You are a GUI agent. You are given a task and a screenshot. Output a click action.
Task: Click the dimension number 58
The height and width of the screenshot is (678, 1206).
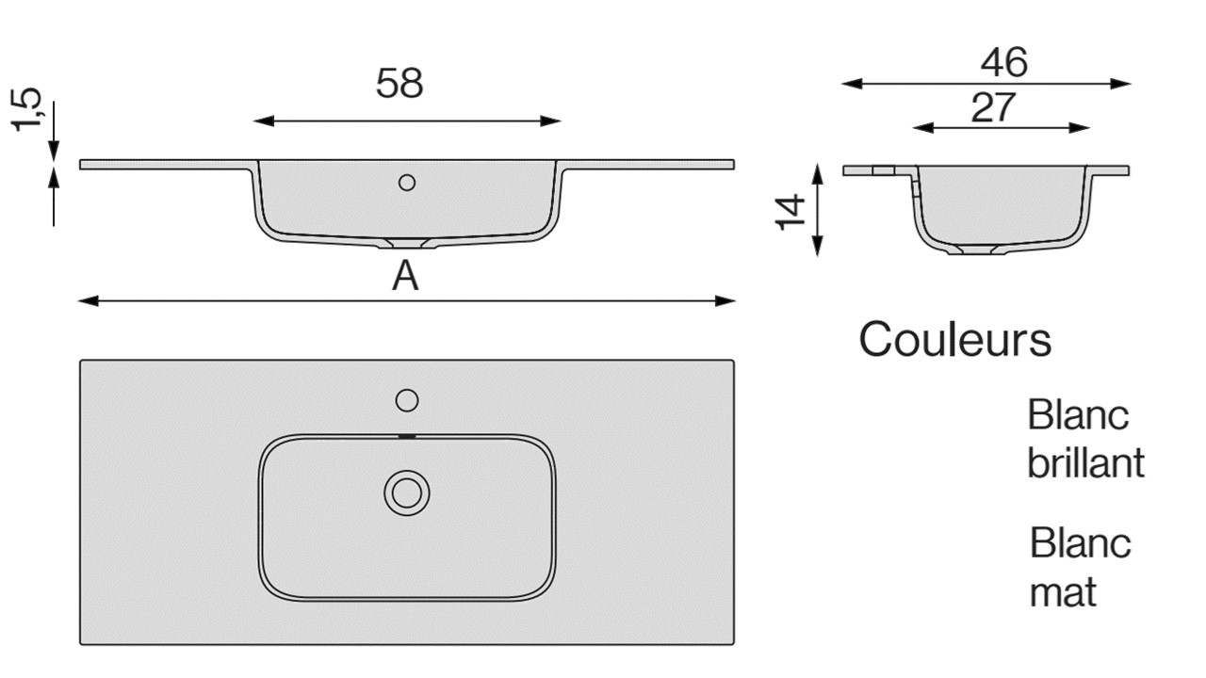399,84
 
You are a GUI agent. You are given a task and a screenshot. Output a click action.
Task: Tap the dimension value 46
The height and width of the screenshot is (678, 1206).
1003,62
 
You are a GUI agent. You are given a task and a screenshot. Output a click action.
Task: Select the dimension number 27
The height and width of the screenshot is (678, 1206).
994,107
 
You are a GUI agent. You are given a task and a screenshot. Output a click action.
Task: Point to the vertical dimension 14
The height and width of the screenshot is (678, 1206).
791,211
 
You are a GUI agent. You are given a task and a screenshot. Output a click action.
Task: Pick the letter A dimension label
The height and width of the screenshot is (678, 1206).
405,277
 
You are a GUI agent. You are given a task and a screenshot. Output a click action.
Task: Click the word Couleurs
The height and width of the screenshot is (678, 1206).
954,339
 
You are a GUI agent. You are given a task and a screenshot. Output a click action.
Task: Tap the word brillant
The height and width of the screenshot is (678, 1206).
1085,463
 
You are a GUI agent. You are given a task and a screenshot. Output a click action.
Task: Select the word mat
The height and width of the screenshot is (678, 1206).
1063,592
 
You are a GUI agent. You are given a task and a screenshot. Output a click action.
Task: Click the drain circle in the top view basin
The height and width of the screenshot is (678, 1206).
407,492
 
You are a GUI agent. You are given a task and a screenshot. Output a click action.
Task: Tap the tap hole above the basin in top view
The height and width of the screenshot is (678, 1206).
407,400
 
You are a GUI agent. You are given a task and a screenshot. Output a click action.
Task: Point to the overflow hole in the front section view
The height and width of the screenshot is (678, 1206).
407,183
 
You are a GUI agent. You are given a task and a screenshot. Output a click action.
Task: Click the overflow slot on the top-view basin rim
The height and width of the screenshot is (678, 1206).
407,437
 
